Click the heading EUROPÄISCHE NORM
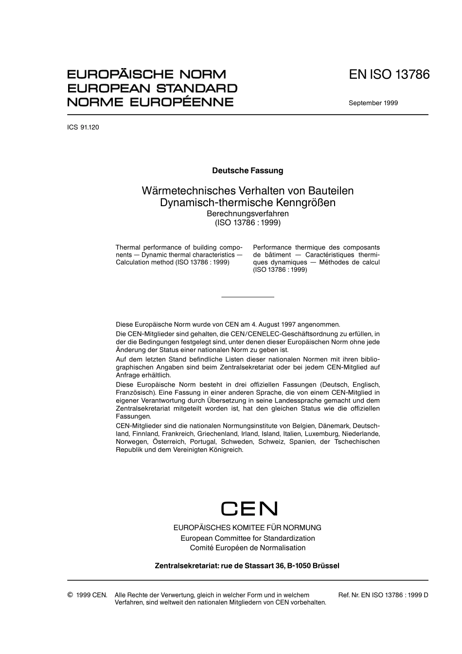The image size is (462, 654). coord(146,74)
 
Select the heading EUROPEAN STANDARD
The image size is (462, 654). coord(152,88)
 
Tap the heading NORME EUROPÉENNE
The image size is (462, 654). coord(150,102)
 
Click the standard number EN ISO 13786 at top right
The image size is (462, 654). coord(389,75)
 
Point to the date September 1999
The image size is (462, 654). coord(373,103)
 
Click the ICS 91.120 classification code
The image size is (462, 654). coord(83,127)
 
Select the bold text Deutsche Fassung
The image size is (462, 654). coord(248,171)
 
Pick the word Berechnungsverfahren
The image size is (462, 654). coord(248,214)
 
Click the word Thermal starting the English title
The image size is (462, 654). coord(127,247)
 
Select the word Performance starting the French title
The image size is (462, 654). coord(272,247)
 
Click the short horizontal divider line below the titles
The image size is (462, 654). coord(248,297)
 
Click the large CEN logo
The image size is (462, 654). coord(249,509)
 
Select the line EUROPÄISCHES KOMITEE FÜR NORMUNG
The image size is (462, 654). coord(248,528)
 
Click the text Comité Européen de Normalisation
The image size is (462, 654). coord(248,548)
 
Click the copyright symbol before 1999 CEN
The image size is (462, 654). coord(70,595)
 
